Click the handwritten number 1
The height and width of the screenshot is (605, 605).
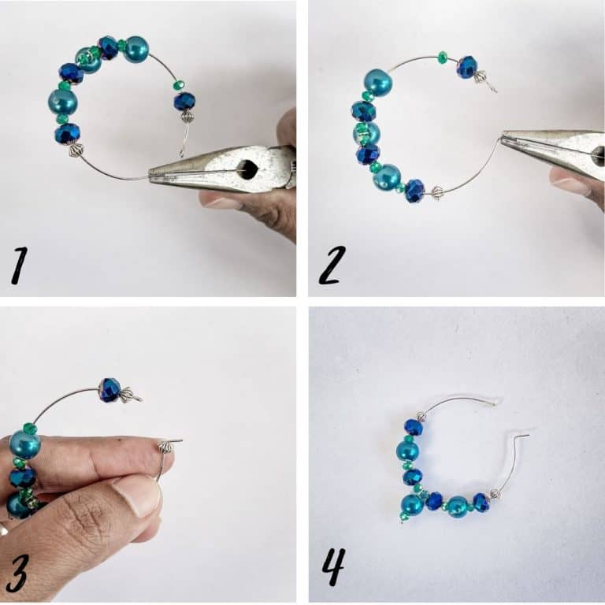pos(20,266)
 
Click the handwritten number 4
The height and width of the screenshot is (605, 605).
pos(332,567)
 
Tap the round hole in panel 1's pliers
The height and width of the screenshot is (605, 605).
pos(250,168)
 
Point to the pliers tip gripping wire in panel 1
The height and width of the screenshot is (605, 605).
pos(154,177)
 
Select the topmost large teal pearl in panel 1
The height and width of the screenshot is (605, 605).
pos(135,49)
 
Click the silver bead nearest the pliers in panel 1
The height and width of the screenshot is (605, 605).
pos(76,150)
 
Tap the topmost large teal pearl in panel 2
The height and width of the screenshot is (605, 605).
pos(378,83)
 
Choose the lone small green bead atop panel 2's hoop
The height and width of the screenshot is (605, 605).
pos(442,57)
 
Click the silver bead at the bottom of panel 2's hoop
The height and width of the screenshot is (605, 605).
pos(436,192)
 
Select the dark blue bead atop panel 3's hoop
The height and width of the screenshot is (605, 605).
pos(109,390)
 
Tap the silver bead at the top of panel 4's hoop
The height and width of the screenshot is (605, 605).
pos(421,416)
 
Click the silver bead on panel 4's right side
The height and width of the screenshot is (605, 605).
pos(496,494)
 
